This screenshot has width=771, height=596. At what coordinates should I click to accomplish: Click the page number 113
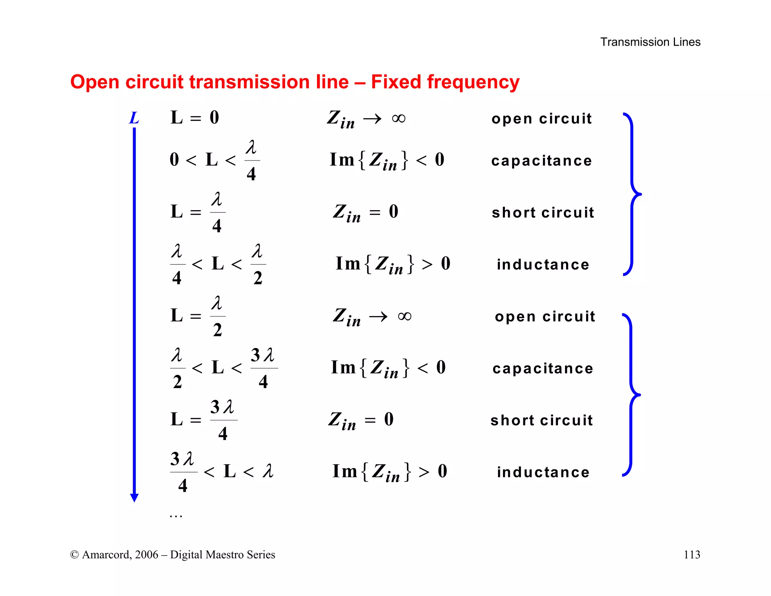[692, 555]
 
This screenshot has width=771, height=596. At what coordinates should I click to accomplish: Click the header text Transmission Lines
[650, 42]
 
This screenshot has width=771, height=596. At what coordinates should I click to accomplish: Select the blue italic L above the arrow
[134, 118]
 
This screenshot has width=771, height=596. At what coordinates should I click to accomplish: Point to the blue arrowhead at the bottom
[134, 498]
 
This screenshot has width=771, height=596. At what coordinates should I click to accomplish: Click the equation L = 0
[195, 118]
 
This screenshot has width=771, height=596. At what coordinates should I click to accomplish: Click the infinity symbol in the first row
[399, 119]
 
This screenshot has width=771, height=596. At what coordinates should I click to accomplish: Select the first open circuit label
[541, 119]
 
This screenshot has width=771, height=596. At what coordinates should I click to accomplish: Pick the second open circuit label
[545, 316]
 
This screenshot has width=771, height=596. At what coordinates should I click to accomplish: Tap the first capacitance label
[541, 161]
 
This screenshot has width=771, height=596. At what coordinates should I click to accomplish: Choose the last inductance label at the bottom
[543, 472]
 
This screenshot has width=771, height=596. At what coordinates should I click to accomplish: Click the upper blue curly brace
[632, 194]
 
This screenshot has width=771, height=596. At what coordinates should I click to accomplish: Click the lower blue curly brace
[631, 395]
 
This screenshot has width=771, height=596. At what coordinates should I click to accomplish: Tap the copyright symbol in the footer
[74, 555]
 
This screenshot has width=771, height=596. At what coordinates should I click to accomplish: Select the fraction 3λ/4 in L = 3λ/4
[223, 420]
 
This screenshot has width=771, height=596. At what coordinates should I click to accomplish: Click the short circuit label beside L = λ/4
[543, 213]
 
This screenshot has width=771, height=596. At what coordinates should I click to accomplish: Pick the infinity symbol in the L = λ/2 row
[404, 316]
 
